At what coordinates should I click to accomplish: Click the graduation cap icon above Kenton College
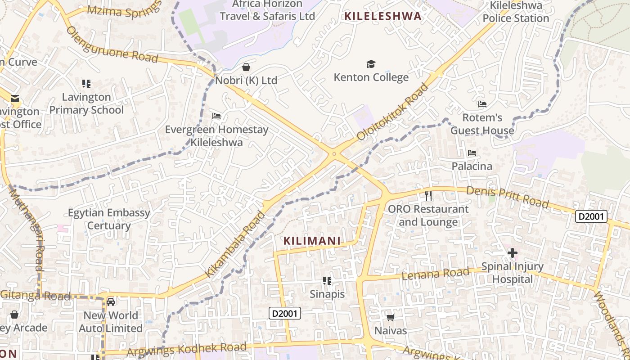click(x=371, y=64)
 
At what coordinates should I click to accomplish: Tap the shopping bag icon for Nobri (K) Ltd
click(x=246, y=67)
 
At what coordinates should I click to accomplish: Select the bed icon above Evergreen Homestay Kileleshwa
click(x=216, y=116)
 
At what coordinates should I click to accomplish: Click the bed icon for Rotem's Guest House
click(x=482, y=104)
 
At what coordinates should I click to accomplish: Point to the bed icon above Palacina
click(x=472, y=153)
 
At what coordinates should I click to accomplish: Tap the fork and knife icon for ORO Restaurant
click(x=428, y=196)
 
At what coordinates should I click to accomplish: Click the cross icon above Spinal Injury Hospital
click(x=512, y=253)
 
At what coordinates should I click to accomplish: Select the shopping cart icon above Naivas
click(x=391, y=318)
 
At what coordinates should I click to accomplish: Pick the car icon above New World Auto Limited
click(x=111, y=302)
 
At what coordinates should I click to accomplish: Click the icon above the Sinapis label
click(x=327, y=281)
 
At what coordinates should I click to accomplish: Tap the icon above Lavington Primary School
click(x=86, y=83)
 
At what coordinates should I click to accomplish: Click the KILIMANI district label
click(x=312, y=241)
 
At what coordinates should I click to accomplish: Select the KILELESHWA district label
click(x=383, y=17)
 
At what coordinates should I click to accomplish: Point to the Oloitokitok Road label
click(x=392, y=112)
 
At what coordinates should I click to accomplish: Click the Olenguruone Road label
click(x=112, y=45)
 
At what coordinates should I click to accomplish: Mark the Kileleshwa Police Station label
click(x=516, y=12)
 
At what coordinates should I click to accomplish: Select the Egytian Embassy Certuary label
click(x=109, y=219)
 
